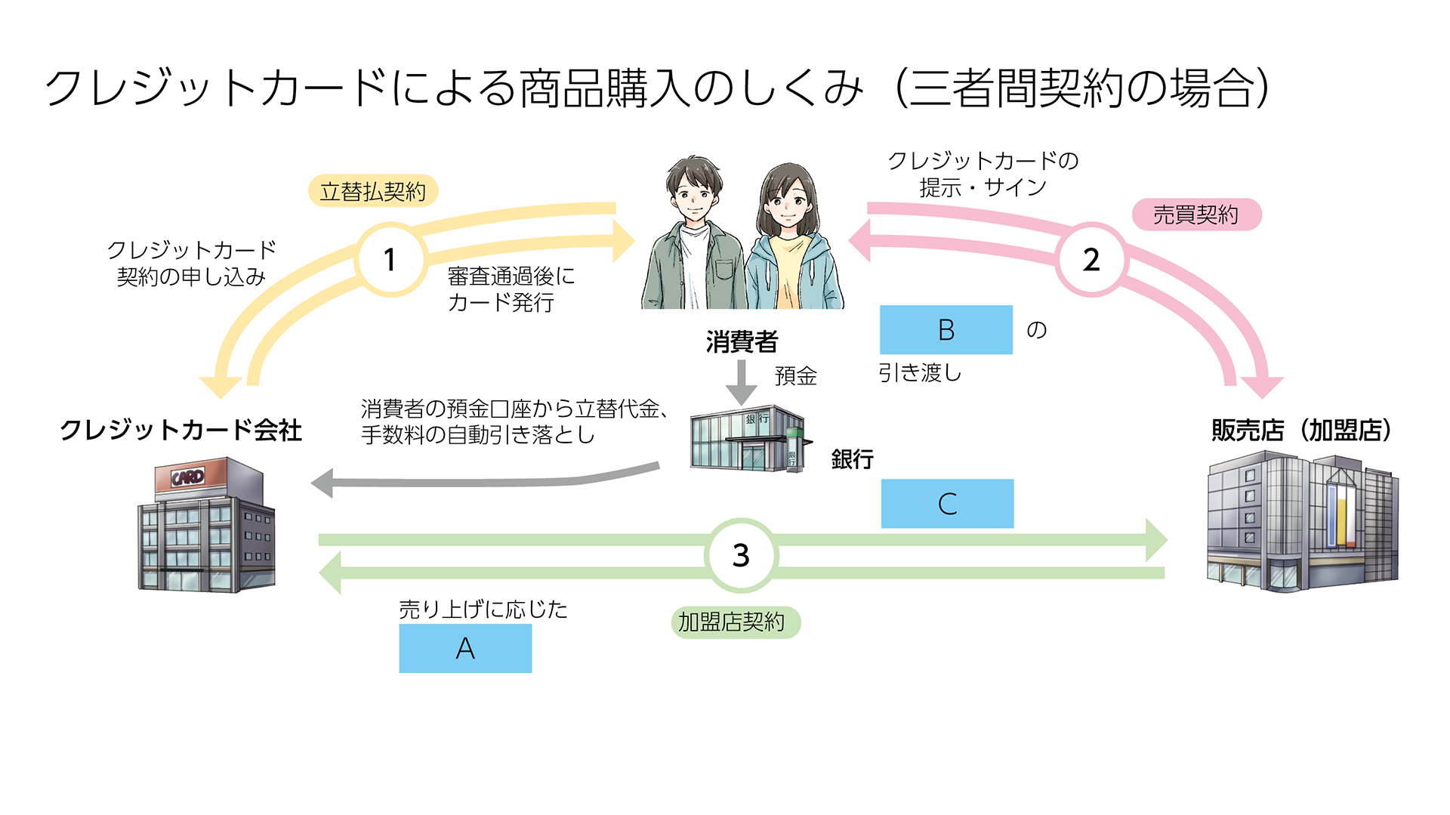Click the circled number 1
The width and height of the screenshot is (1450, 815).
coord(390,260)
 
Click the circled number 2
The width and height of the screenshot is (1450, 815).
coord(1091,260)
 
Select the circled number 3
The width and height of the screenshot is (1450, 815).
coord(741,556)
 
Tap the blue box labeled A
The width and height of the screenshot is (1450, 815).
coord(465,648)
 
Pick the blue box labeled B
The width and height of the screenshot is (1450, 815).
coord(946,330)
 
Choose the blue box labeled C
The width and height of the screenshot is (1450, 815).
coord(947,504)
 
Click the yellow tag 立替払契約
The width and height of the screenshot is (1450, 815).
coord(373,191)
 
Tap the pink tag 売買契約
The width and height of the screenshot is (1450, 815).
coord(1196,215)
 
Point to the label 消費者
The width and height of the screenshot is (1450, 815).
coord(742,342)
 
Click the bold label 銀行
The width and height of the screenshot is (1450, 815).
coord(852,459)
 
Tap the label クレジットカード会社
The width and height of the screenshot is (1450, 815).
coord(181,430)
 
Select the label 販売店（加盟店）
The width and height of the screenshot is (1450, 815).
coord(1300,431)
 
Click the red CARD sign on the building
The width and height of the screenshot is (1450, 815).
coord(189,477)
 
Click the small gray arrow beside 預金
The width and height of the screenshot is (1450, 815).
coord(742,381)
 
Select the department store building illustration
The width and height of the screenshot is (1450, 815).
coord(1302,522)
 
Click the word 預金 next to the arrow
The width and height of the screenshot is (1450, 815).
coord(796,376)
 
